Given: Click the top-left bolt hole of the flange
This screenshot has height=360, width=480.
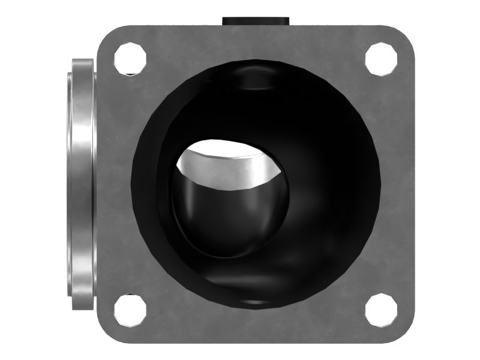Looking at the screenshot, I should [130, 58].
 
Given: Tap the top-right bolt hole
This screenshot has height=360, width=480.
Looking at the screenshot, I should [381, 58].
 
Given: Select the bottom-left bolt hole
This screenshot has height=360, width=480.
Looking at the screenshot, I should [130, 310].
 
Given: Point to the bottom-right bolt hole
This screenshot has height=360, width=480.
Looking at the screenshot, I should [381, 310].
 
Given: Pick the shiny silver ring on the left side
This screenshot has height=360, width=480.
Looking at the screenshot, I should [81, 183].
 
